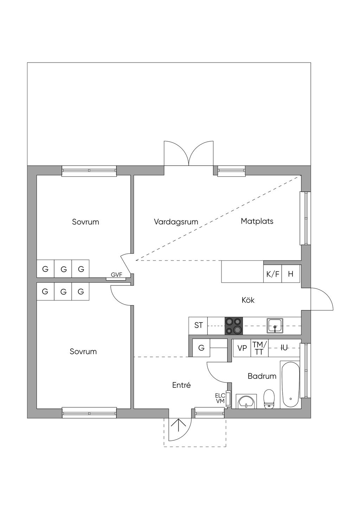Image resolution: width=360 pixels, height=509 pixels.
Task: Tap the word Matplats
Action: [x=257, y=221]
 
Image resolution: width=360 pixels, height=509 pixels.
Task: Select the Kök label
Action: [x=248, y=300]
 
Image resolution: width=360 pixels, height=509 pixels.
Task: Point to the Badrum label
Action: [x=262, y=376]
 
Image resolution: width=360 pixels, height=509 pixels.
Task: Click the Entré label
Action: [x=181, y=385]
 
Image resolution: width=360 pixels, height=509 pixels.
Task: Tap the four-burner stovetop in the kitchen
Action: [x=234, y=326]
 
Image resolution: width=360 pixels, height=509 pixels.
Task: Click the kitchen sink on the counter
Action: [x=275, y=326]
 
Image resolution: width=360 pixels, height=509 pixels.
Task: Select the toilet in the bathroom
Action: [x=269, y=399]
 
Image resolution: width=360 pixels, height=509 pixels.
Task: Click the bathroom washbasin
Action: [x=246, y=402]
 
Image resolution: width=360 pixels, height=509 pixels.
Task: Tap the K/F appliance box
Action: [x=273, y=274]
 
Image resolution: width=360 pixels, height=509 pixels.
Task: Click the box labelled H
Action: [x=291, y=274]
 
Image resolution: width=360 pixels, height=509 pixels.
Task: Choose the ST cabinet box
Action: [x=198, y=326]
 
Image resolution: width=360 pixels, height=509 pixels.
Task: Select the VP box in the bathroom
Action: [x=242, y=348]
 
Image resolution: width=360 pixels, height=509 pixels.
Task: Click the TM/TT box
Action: [x=259, y=348]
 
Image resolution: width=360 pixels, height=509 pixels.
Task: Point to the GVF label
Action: [x=116, y=275]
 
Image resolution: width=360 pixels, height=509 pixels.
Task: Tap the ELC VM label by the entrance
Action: [x=220, y=398]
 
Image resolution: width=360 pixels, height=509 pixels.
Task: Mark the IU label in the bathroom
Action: [x=284, y=348]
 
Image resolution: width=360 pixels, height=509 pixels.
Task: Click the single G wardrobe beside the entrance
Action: [x=201, y=348]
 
